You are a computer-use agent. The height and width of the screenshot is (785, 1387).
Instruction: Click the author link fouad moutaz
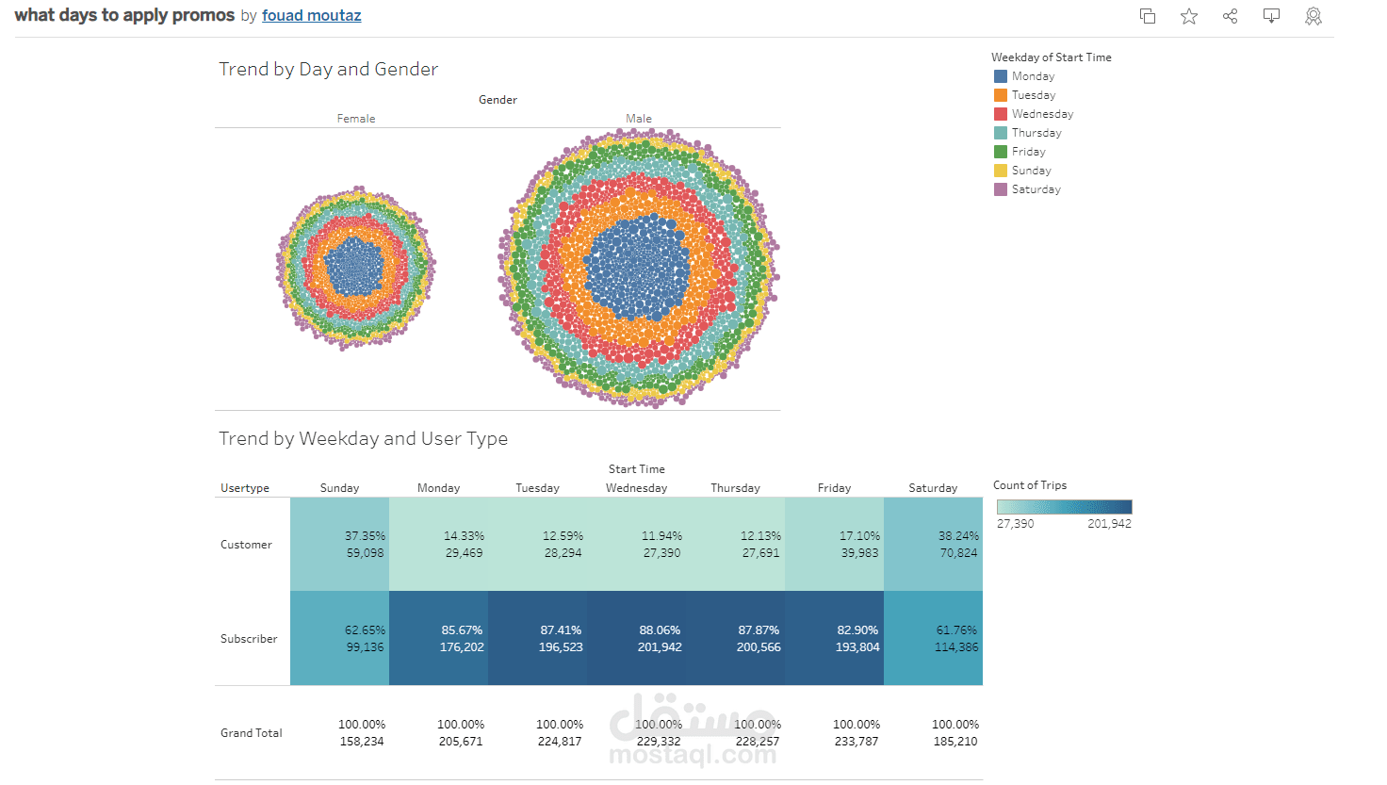(311, 16)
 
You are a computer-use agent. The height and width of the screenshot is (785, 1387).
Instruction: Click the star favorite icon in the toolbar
(1189, 16)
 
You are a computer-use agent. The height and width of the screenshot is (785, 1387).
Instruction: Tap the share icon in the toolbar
(1230, 16)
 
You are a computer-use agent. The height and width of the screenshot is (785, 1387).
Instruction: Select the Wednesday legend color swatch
(1001, 114)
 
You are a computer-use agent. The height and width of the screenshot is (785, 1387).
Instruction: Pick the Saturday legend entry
(1036, 189)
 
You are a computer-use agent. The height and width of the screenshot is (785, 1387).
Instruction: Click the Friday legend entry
(1028, 152)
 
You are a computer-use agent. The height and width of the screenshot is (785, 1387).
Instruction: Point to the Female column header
(356, 119)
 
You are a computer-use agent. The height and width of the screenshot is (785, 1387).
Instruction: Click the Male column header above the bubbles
(639, 119)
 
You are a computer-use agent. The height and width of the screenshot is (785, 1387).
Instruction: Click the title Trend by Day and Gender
(328, 69)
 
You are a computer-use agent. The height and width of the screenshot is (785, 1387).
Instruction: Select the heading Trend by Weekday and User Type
(363, 438)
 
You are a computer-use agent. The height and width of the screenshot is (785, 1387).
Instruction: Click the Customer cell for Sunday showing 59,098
(340, 545)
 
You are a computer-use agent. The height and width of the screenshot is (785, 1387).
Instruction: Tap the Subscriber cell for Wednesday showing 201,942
(637, 639)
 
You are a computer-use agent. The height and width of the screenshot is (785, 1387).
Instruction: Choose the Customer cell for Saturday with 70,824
(934, 545)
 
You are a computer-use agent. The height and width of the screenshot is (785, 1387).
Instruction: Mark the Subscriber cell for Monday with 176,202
(439, 639)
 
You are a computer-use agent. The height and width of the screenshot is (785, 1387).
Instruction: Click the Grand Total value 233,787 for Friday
(856, 742)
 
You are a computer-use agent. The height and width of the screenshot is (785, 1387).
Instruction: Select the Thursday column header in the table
(735, 488)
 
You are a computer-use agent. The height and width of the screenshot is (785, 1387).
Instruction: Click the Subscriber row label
(249, 639)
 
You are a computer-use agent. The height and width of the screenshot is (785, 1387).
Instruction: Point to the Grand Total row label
(252, 733)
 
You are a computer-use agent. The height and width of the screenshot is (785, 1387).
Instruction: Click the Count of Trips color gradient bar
(1064, 507)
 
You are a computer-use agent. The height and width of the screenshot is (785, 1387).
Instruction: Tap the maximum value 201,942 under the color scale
(1109, 524)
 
